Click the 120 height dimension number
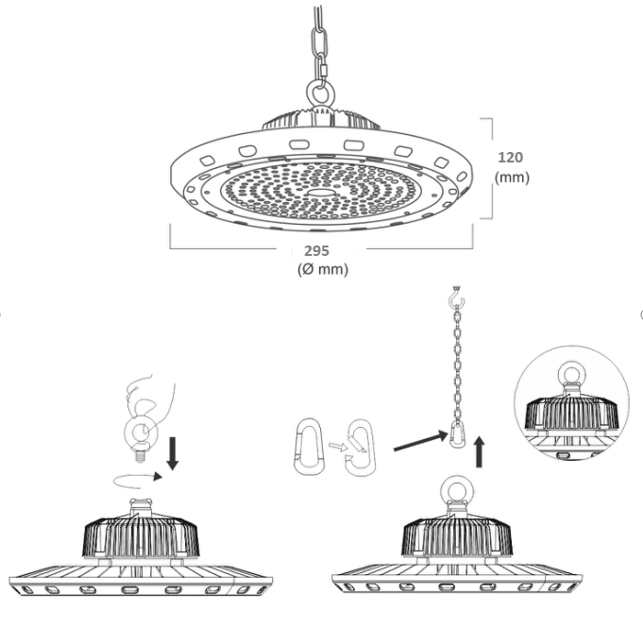pyautogui.click(x=510, y=158)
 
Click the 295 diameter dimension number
pyautogui.click(x=316, y=250)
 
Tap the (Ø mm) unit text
pyautogui.click(x=323, y=269)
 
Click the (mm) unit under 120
pyautogui.click(x=512, y=178)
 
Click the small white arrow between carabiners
pyautogui.click(x=337, y=447)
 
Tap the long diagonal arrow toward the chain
pyautogui.click(x=420, y=440)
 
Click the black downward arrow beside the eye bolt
pyautogui.click(x=173, y=453)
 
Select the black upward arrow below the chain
pyautogui.click(x=479, y=452)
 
